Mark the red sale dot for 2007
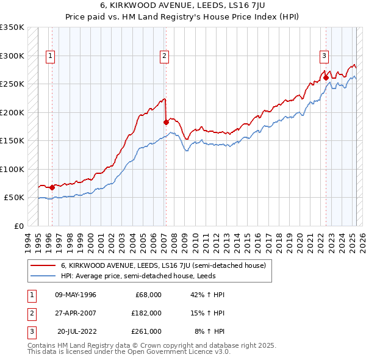[166, 122]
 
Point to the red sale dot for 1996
[52, 187]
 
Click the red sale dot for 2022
[326, 77]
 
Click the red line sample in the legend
[43, 266]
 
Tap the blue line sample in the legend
[43, 275]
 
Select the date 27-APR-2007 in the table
[75, 313]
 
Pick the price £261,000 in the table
[146, 331]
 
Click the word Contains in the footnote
[42, 345]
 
